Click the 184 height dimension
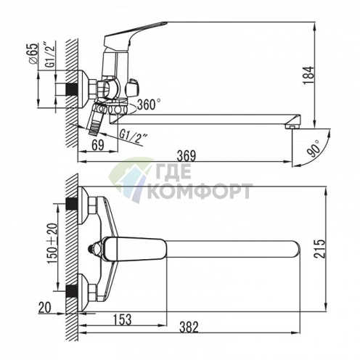point(309,75)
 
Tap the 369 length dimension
point(186,156)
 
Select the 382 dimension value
point(189,327)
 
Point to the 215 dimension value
point(320,249)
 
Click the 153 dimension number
point(122,319)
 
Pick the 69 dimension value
point(98,145)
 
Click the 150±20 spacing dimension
point(53,243)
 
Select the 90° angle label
point(314,148)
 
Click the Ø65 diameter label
point(33,54)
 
